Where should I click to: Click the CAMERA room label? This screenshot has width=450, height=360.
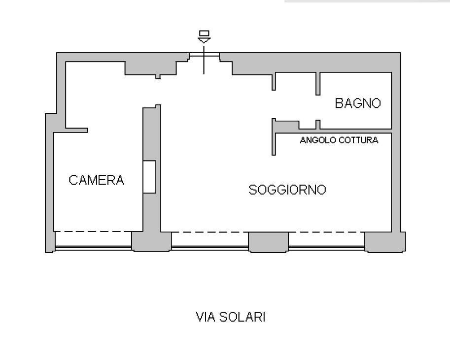(96, 180)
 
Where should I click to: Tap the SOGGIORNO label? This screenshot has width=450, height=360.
(287, 190)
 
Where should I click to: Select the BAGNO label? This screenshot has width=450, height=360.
(358, 103)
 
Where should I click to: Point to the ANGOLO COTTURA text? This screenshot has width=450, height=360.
(339, 140)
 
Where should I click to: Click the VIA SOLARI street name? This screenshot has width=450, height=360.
(231, 317)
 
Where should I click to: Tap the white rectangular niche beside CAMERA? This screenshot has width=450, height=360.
(149, 177)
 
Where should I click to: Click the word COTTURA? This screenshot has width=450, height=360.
(358, 140)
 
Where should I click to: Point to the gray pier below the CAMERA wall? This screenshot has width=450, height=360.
(151, 242)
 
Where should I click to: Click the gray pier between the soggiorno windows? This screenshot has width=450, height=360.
(268, 242)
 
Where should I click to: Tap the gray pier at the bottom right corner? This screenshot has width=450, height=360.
(385, 242)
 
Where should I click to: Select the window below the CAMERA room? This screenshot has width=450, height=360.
(93, 248)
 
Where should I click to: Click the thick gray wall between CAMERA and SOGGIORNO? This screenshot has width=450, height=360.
(151, 168)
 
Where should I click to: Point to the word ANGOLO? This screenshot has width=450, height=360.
(318, 140)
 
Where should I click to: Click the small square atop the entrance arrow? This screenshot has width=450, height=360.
(204, 33)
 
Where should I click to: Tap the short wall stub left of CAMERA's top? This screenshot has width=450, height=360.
(76, 130)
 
